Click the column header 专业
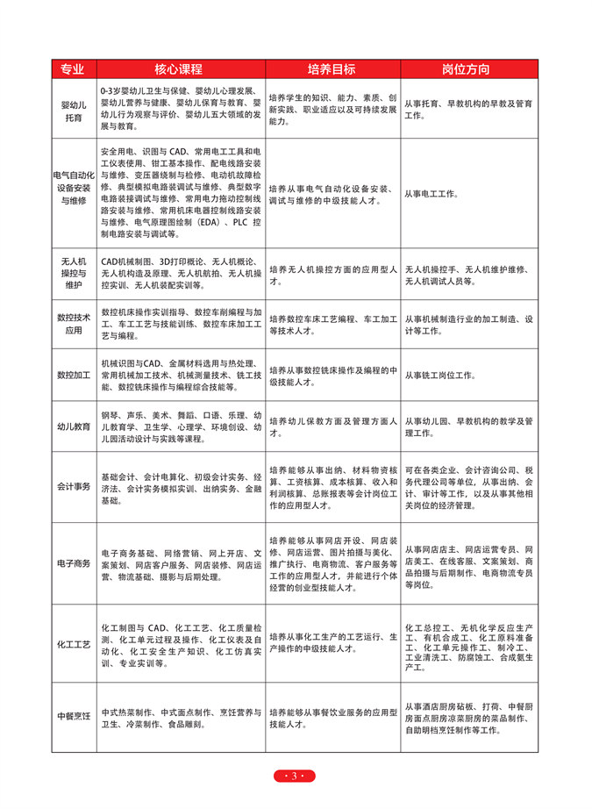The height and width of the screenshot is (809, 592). (74, 69)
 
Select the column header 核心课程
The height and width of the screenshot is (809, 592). (181, 69)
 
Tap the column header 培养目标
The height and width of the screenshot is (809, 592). (333, 69)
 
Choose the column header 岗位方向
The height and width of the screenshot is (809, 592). (469, 69)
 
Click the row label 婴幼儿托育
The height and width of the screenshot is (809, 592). (74, 109)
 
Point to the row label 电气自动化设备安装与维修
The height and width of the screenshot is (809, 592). (74, 188)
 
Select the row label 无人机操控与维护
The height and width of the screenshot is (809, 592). (74, 273)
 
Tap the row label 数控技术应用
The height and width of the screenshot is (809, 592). (74, 323)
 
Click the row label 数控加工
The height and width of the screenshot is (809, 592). (74, 375)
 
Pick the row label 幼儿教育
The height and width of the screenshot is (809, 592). (74, 426)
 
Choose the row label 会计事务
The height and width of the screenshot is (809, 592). (74, 486)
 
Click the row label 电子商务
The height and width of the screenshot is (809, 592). (74, 562)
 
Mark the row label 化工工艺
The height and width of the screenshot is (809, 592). (74, 644)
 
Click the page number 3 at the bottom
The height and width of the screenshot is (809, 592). (295, 776)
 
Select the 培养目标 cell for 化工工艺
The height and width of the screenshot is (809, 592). (333, 644)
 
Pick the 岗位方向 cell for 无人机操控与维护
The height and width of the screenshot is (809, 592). (469, 273)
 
